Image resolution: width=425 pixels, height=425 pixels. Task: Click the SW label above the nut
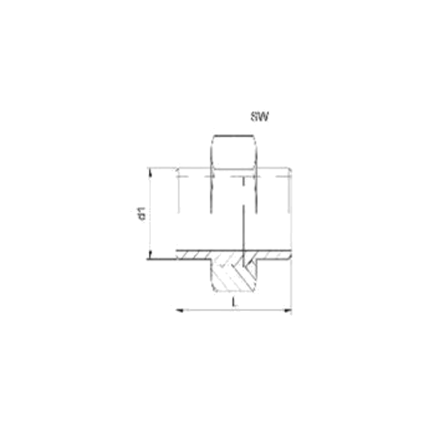coord(259,117)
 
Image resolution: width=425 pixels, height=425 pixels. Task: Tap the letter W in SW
coord(263,117)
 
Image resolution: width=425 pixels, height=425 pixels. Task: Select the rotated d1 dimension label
coord(142,213)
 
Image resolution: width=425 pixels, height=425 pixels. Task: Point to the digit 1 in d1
coord(142,210)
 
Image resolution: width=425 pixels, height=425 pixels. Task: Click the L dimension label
coord(234,302)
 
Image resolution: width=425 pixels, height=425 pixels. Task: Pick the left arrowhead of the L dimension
coord(179,310)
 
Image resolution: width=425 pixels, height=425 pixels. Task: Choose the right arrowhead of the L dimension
coord(288,310)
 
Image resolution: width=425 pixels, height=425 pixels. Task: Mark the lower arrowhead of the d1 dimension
coord(150,255)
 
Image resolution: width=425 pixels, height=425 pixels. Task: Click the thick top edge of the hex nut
coord(234,135)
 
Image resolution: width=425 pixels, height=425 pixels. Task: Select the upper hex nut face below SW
coord(234,152)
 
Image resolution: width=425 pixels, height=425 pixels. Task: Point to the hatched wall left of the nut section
coord(193,255)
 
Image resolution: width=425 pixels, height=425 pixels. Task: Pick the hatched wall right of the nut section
coord(273,255)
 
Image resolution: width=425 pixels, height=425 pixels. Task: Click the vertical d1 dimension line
coord(150,214)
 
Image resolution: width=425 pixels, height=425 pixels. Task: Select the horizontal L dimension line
coord(234,310)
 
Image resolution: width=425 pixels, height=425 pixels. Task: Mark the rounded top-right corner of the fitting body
coord(290,170)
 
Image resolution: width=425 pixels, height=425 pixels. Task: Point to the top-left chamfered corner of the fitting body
coord(178,170)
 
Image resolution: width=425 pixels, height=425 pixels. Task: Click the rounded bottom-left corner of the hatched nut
coord(213,289)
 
